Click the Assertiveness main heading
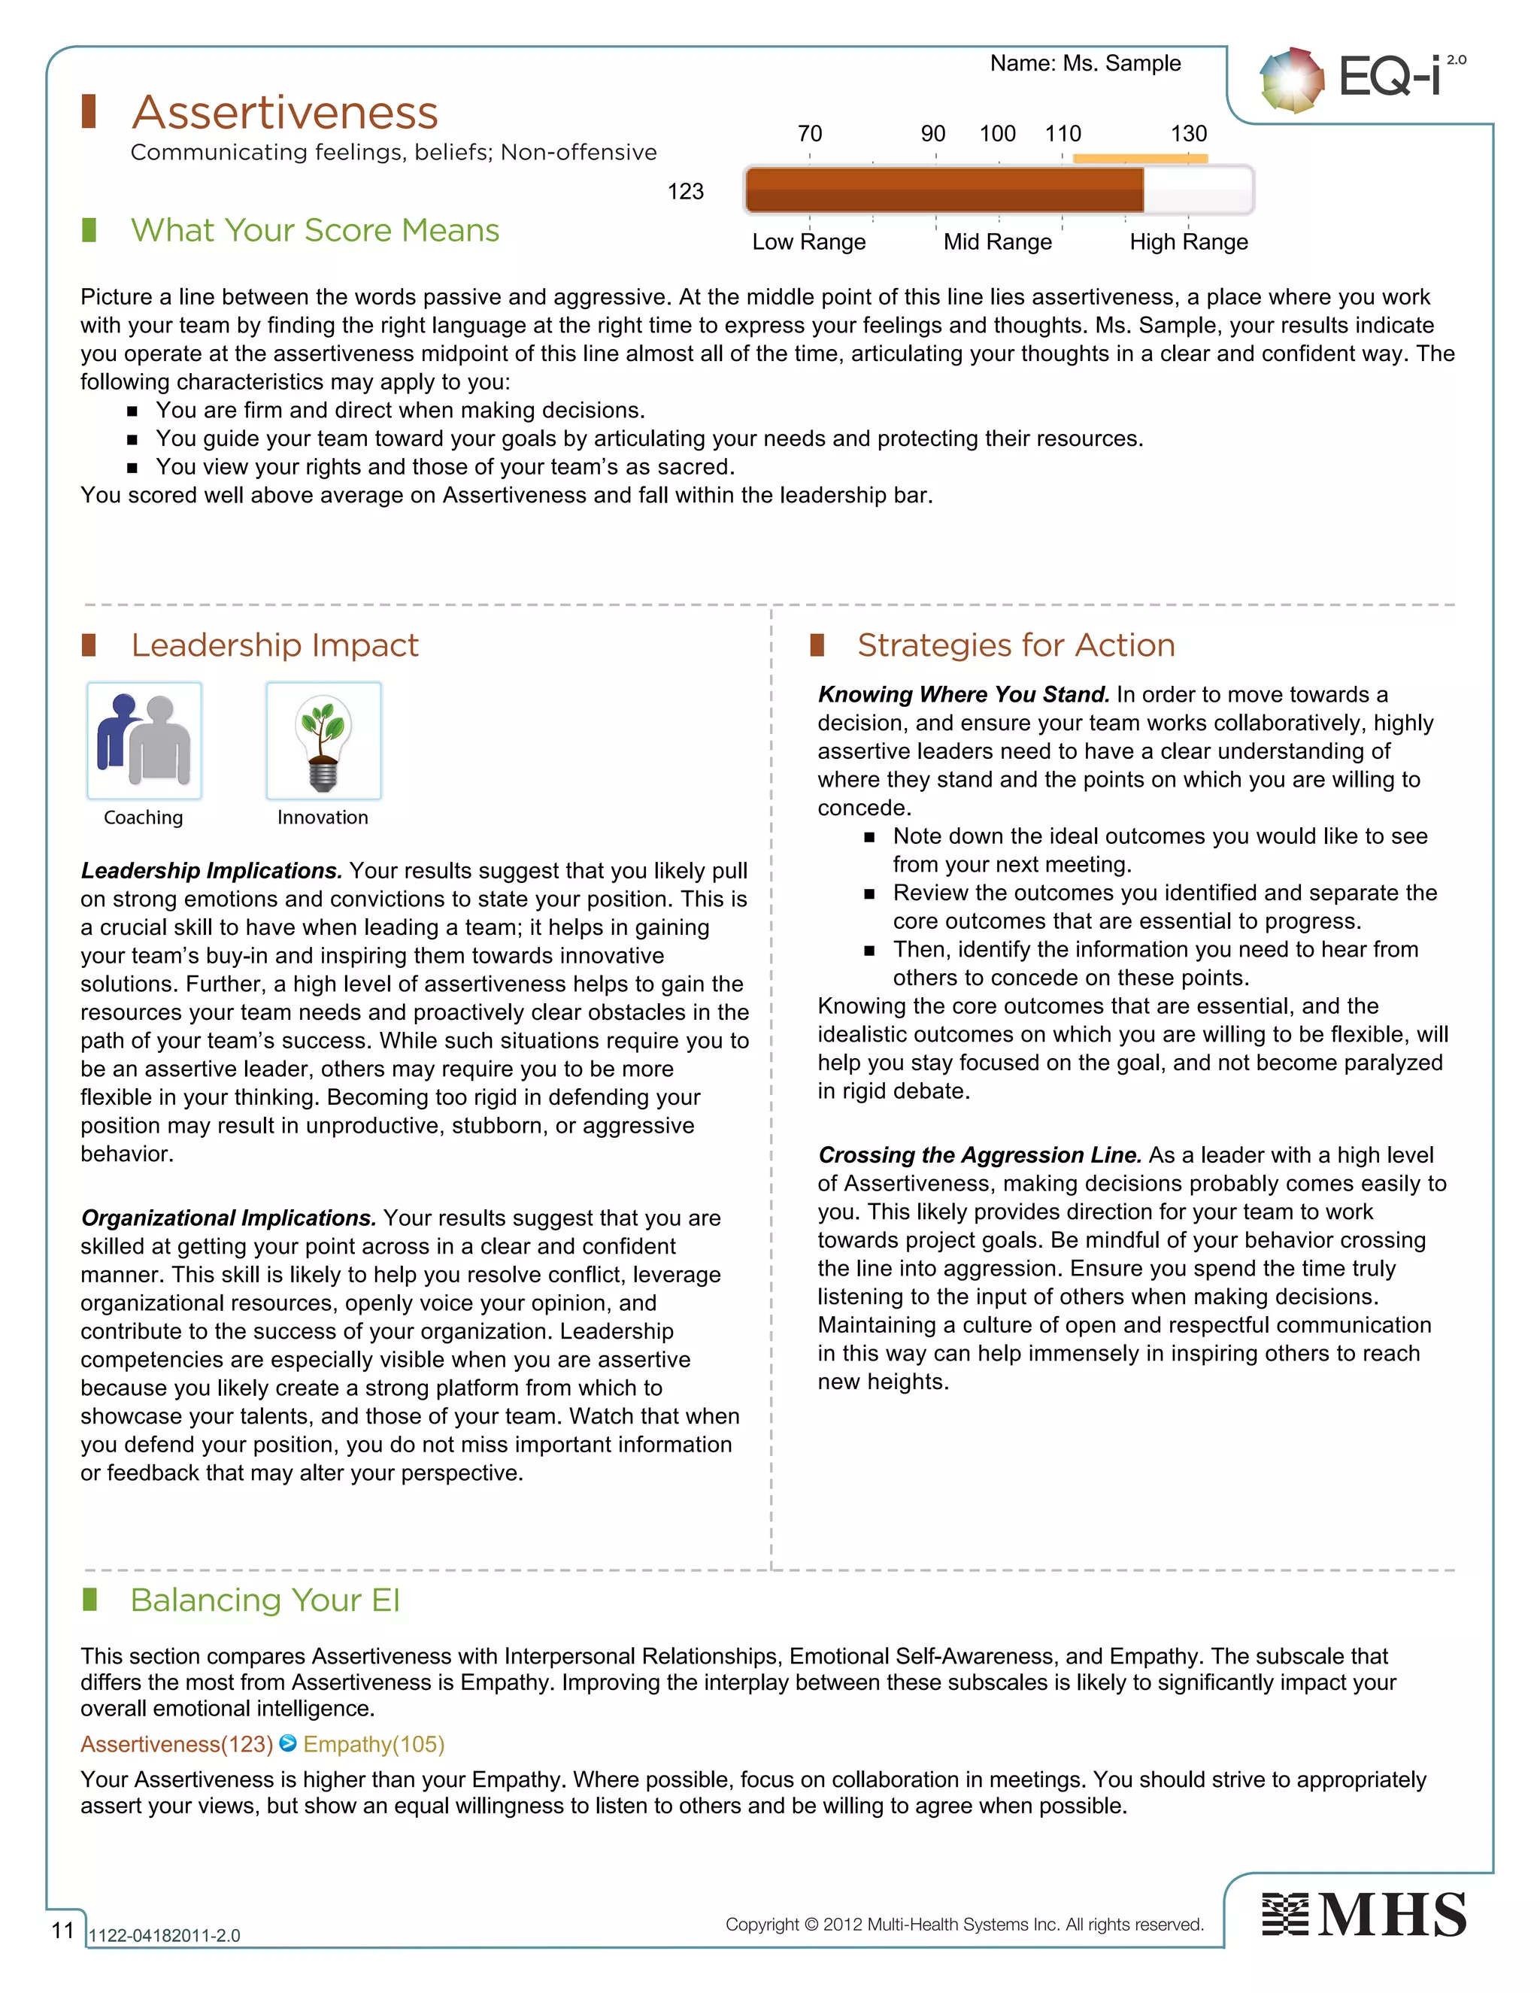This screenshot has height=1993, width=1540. (285, 113)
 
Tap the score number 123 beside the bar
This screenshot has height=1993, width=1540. (685, 192)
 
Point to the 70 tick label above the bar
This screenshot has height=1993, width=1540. (809, 134)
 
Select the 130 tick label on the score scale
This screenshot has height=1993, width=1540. (1188, 134)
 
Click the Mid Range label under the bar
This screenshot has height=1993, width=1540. (997, 242)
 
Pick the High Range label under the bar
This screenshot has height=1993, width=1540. (1188, 242)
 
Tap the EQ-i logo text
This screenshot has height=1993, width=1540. (1390, 77)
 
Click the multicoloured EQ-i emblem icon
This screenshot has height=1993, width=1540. (1291, 80)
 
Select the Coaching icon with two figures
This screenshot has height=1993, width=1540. (144, 741)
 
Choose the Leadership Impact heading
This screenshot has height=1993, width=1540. (274, 645)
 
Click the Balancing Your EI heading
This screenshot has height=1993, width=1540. (265, 1600)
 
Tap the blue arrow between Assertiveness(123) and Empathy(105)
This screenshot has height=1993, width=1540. (287, 1744)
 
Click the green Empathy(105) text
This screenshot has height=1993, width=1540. (373, 1745)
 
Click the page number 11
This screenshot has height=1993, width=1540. (62, 1930)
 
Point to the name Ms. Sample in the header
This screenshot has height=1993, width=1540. (1121, 63)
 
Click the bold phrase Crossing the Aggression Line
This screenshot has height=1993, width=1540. (979, 1155)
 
